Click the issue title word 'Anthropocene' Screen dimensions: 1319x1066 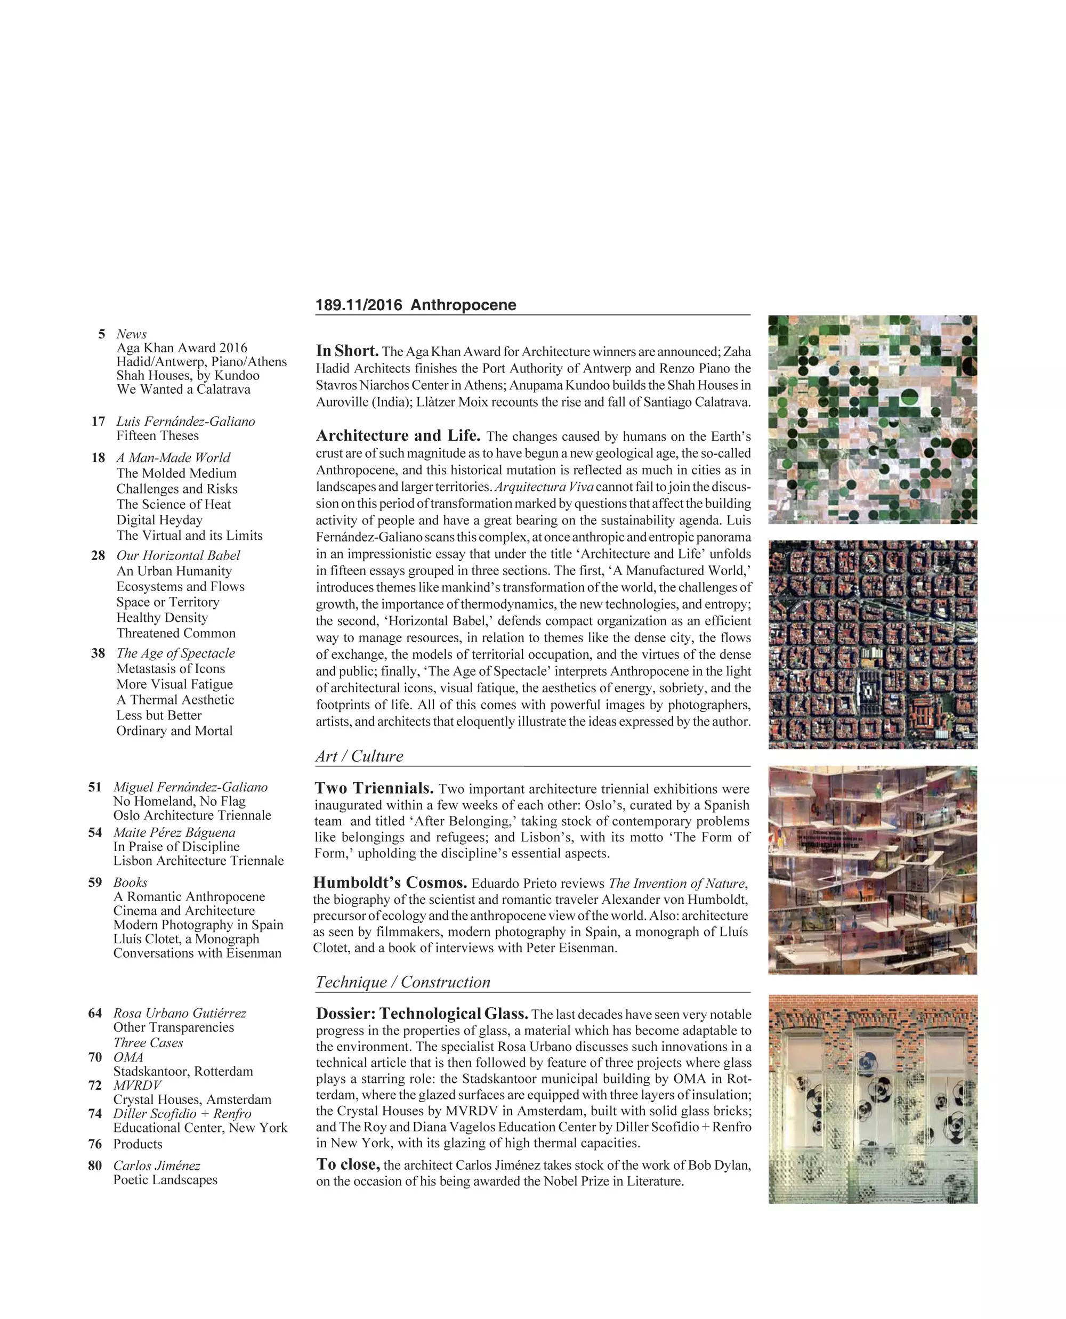click(x=463, y=305)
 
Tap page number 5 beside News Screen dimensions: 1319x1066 click(x=101, y=334)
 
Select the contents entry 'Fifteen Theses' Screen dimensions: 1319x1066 click(x=158, y=435)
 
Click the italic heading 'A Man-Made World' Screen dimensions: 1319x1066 click(x=173, y=457)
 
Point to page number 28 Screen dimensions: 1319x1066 click(x=98, y=555)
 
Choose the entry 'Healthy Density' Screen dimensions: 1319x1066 click(x=162, y=617)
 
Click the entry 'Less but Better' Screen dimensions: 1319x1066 click(x=159, y=715)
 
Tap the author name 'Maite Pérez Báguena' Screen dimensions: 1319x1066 click(x=174, y=832)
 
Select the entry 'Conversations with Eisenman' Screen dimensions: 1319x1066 click(x=197, y=952)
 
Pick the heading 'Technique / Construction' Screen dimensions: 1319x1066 click(x=403, y=982)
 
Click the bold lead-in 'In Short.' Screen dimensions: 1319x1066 click(x=347, y=351)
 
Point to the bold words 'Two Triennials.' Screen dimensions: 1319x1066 click(x=374, y=788)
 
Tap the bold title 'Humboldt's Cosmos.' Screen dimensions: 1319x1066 click(x=390, y=883)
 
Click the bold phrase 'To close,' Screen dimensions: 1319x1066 click(x=348, y=1164)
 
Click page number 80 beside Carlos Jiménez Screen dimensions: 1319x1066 click(x=95, y=1166)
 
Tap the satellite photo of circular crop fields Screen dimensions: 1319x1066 click(x=872, y=419)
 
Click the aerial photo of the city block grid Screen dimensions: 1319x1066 click(x=872, y=645)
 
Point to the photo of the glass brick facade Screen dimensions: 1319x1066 click(x=872, y=1099)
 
